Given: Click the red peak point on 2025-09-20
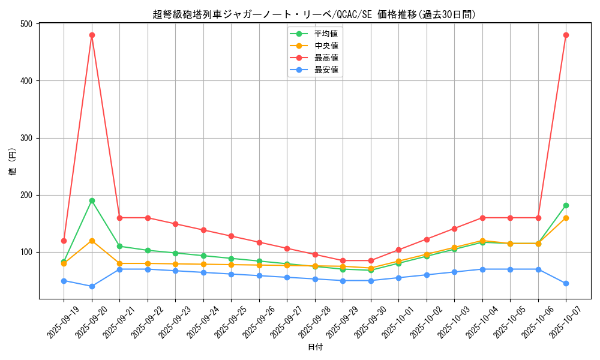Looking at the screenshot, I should tap(92, 35).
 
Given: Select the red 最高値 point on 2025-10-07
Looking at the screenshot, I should tap(566, 35).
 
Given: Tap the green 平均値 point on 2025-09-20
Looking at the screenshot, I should tap(92, 200).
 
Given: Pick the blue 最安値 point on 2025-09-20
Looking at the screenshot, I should tap(92, 286).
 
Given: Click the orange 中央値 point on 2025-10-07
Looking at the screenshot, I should tap(566, 218).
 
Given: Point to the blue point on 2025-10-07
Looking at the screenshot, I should tap(566, 283).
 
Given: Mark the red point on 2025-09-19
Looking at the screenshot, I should tap(64, 241).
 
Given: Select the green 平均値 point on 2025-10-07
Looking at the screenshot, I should tap(566, 205).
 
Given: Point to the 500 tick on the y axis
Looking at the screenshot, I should tap(26, 24).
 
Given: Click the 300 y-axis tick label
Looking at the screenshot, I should tap(26, 138).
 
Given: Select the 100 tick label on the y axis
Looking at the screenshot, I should tap(26, 252).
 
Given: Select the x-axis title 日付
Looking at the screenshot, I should tap(315, 347).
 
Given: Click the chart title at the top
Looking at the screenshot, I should tap(315, 14).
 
